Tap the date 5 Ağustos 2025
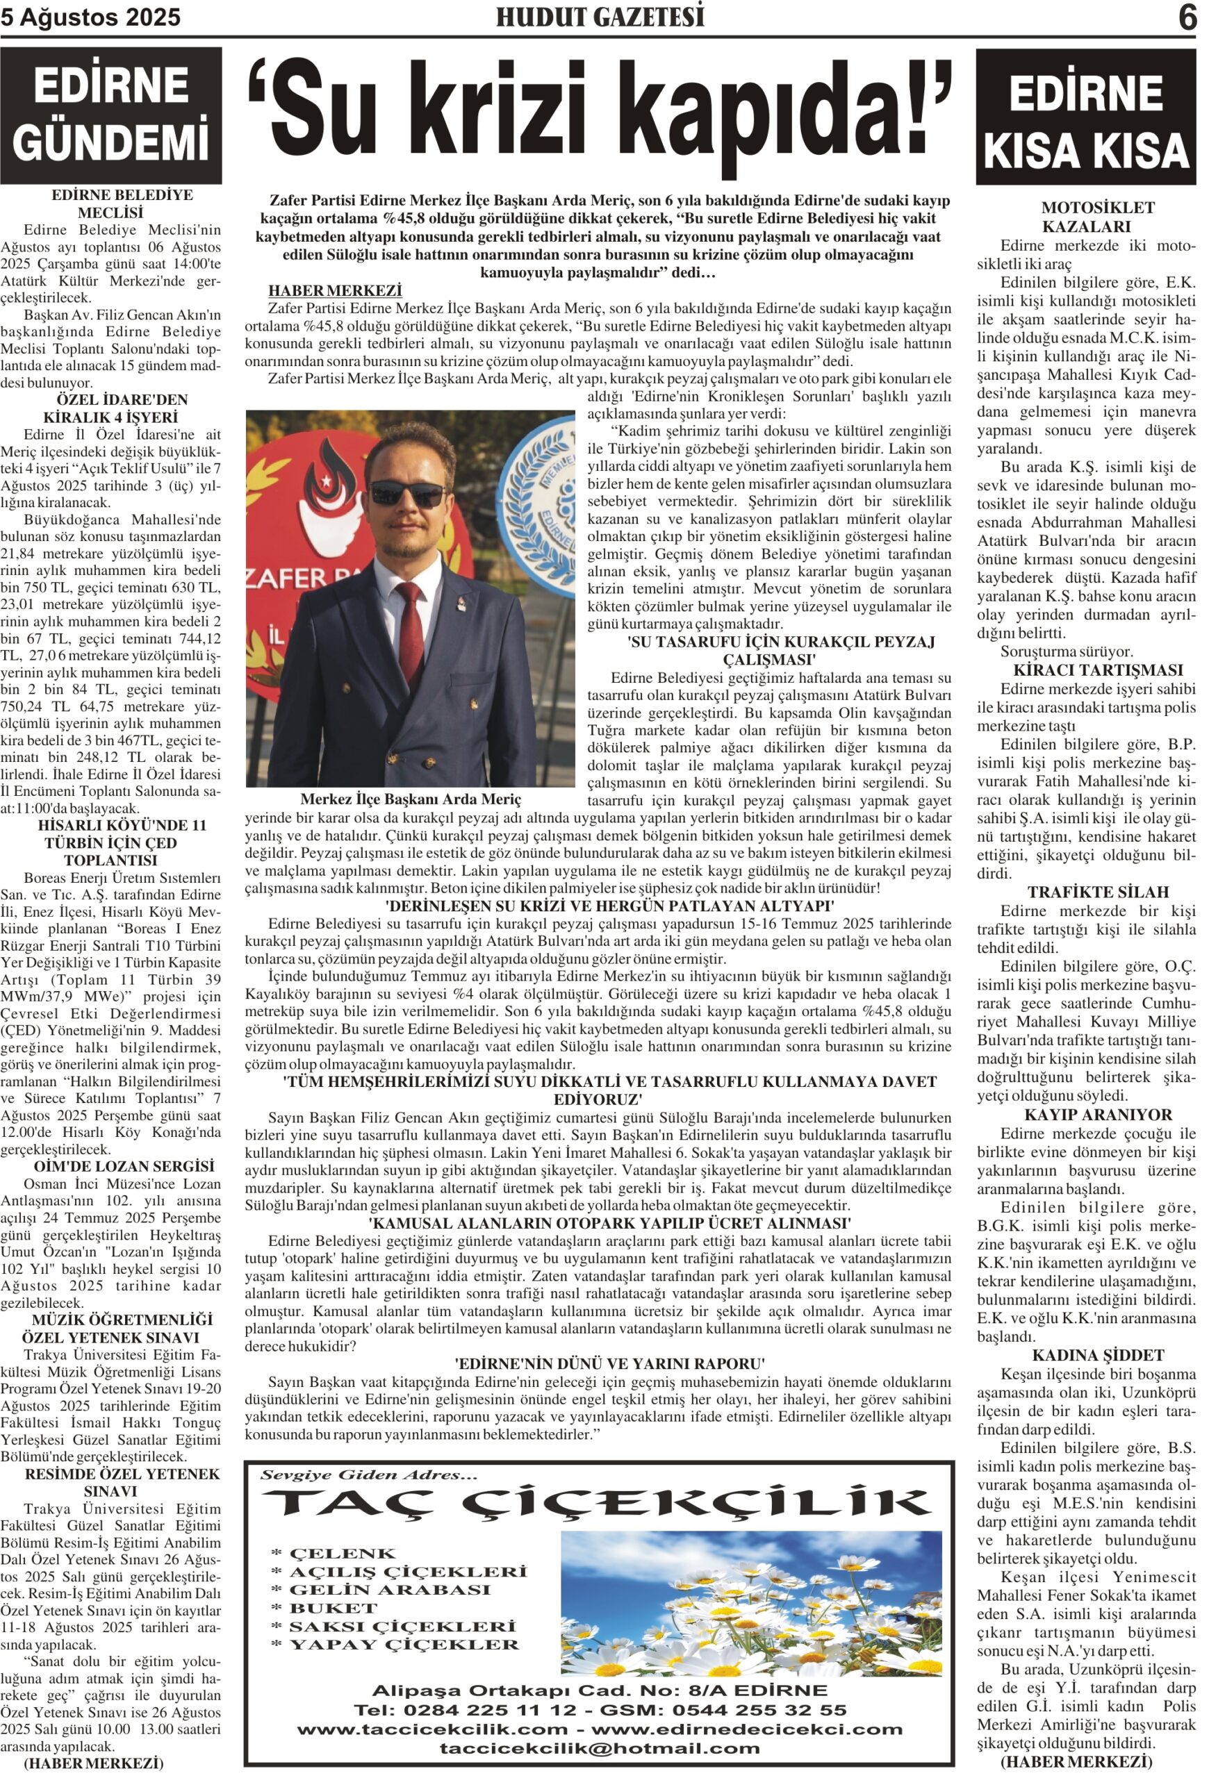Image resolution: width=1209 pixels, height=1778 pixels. click(x=90, y=17)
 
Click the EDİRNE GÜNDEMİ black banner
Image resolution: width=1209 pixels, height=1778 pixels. click(x=111, y=115)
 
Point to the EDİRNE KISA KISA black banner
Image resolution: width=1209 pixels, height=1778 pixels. click(x=1085, y=117)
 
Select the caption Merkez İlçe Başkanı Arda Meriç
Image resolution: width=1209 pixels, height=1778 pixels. click(x=410, y=799)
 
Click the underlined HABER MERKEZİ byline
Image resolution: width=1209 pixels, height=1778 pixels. click(x=334, y=291)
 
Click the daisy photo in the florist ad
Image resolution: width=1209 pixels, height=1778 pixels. click(x=750, y=1604)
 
